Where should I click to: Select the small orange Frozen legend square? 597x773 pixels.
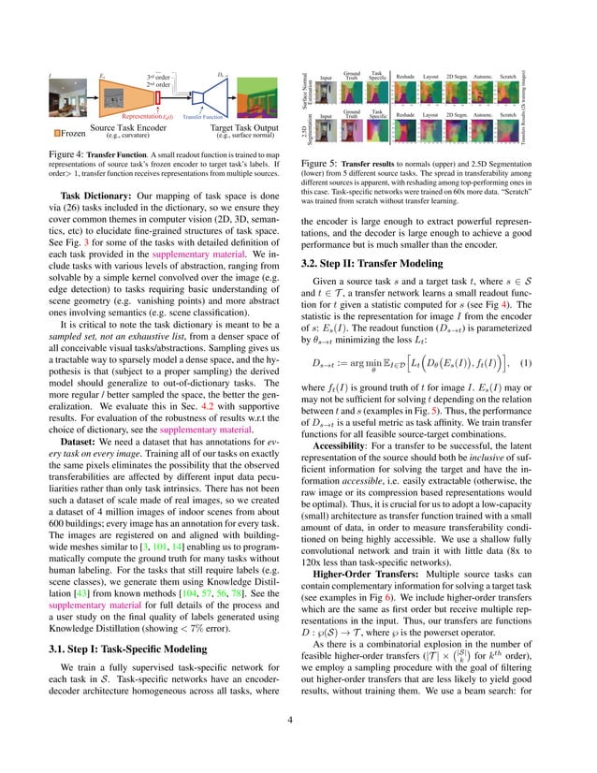click(x=57, y=133)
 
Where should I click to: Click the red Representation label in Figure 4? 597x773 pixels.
click(x=151, y=118)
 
